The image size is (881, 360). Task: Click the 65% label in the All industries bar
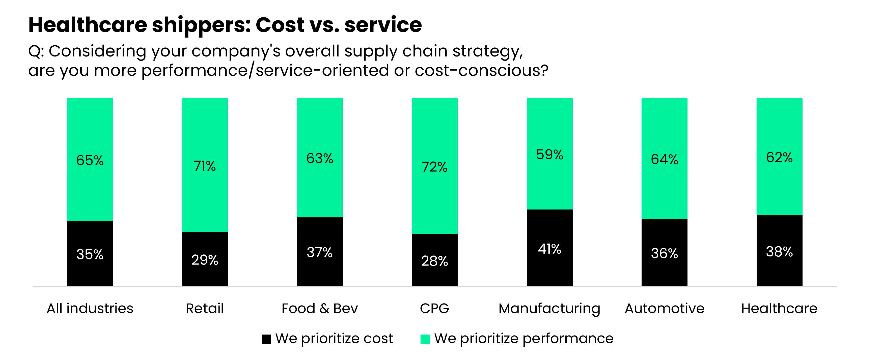90,160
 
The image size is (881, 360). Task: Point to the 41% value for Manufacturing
549,249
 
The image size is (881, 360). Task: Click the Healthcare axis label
779,308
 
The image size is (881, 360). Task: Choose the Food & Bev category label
319,308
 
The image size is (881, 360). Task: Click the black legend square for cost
266,339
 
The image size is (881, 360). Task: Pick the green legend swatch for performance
425,339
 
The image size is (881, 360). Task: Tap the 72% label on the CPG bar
434,167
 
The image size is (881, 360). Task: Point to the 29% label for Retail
205,260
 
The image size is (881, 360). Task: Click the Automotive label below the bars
664,308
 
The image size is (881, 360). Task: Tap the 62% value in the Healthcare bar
779,157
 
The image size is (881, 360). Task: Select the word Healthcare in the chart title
88,25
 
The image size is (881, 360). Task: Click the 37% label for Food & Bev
319,252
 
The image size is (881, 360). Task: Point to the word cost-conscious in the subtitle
481,70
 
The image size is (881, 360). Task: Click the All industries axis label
90,308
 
